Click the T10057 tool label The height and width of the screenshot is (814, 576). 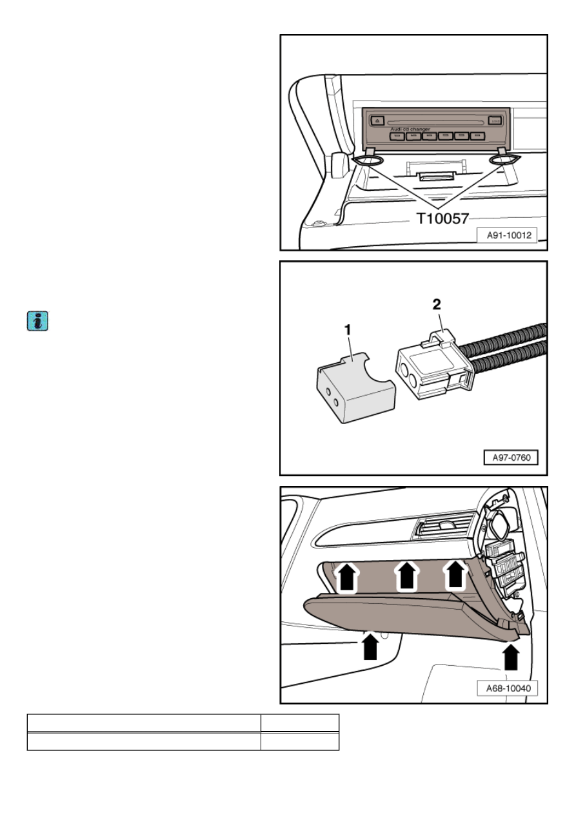pos(442,218)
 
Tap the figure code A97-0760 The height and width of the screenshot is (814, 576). pos(511,457)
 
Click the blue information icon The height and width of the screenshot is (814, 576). pos(37,321)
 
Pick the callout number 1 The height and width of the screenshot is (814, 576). pos(348,330)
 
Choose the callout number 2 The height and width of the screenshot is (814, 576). pos(437,304)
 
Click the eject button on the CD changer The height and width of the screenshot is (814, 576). pos(377,121)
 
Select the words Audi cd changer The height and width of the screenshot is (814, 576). pos(410,130)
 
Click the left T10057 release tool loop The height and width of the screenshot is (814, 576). pos(368,160)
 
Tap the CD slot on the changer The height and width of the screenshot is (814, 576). pos(437,122)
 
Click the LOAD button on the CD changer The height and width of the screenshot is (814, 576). pos(495,121)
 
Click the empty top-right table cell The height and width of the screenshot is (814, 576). pos(300,722)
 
